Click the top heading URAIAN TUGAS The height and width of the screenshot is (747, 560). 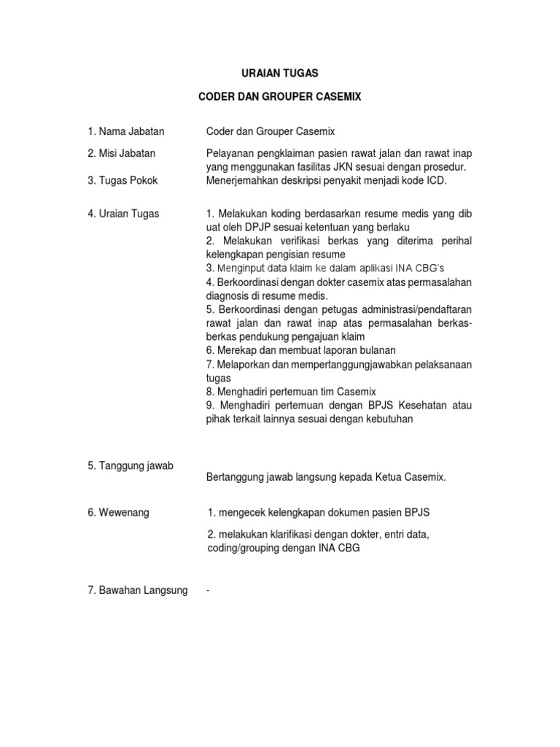pos(280,74)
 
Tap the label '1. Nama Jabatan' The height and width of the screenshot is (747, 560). pos(125,131)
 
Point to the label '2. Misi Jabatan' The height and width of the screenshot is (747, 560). pos(123,153)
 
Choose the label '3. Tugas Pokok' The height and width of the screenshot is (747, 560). pos(121,179)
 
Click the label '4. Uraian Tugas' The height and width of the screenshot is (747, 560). pos(123,213)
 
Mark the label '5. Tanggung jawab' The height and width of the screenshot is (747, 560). pos(129,465)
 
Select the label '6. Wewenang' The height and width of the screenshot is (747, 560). pos(117,513)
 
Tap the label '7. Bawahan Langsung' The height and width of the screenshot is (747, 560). pos(136,589)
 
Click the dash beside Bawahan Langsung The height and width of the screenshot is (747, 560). pos(208,589)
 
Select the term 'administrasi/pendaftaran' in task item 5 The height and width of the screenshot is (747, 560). pos(413,309)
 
